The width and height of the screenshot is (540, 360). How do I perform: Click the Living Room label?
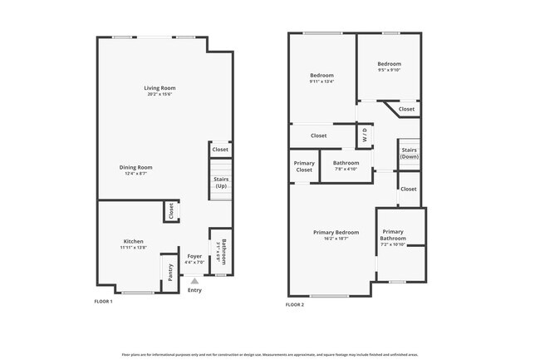point(160,87)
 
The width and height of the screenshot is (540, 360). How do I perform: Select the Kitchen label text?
point(133,241)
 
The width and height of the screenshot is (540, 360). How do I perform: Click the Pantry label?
point(169,272)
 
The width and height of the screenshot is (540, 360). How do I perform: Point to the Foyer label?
point(194,256)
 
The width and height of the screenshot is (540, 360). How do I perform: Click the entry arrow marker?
point(195,281)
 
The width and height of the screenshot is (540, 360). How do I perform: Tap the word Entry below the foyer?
point(194,290)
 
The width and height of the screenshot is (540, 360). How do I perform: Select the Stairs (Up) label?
point(221,183)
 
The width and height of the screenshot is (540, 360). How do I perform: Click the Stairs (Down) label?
point(409,153)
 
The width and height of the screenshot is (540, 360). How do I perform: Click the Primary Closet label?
point(305,165)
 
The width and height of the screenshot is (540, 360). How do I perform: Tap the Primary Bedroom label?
point(336,232)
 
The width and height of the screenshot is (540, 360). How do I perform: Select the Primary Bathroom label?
point(393,235)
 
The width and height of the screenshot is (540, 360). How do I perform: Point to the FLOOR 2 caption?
point(295,305)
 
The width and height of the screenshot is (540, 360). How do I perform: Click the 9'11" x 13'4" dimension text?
point(322,81)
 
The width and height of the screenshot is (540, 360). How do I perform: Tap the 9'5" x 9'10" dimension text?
point(389,71)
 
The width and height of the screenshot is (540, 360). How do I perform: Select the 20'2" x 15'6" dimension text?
point(160,94)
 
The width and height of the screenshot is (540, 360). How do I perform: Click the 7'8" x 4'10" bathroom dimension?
point(346,169)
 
